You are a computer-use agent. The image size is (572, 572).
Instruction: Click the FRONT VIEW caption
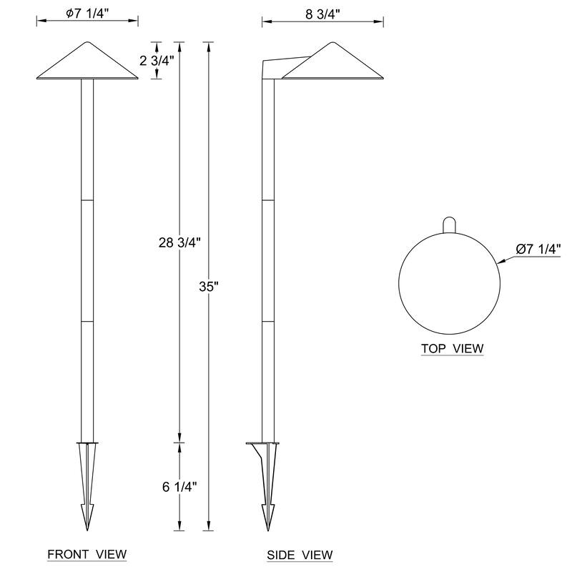(87, 554)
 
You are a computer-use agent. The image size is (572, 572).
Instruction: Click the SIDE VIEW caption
(300, 555)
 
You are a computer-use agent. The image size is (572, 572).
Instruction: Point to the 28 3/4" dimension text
(179, 242)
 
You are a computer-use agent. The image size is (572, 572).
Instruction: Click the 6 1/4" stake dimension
(179, 487)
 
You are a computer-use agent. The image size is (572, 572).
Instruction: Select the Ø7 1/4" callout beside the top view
(538, 249)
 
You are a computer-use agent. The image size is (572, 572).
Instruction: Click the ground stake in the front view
(87, 486)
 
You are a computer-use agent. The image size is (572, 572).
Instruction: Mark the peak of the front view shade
(87, 41)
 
